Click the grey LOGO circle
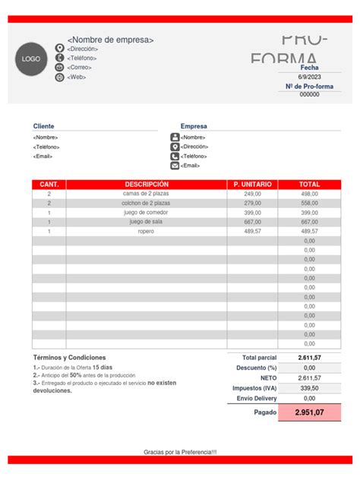coord(31,59)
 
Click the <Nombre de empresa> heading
coord(110,39)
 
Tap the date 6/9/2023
coord(309,77)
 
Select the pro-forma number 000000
coord(309,95)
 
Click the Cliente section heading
coord(44,126)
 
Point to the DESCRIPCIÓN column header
coord(147,185)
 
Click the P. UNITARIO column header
coord(252,185)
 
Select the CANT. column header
coord(49,185)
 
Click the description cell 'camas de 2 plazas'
coord(147,194)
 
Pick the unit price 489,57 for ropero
coord(252,232)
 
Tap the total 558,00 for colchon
coord(309,204)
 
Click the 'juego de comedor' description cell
coord(147,213)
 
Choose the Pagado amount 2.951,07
coord(309,412)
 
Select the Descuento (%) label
coord(254,368)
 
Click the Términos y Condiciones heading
coord(69,358)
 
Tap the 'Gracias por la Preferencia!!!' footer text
coord(180,452)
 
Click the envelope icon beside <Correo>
coord(60,68)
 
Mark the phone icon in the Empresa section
coord(175,156)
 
